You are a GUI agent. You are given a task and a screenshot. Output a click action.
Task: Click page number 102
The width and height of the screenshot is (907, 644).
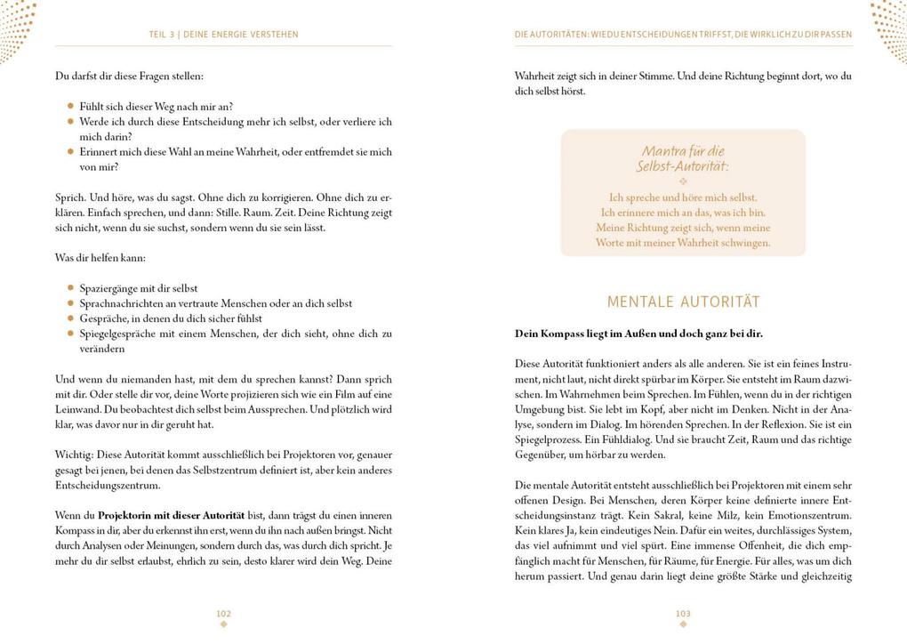[x=223, y=613]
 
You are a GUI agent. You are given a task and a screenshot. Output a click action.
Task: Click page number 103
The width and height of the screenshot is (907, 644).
[x=683, y=613]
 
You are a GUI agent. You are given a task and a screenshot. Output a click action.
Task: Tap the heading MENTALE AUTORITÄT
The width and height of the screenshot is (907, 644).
[x=683, y=302]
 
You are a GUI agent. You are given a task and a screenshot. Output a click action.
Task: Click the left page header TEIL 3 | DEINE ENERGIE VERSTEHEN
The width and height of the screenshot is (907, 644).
[x=223, y=35]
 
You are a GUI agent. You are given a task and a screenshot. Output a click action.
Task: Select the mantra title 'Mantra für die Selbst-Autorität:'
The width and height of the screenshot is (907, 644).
[x=683, y=158]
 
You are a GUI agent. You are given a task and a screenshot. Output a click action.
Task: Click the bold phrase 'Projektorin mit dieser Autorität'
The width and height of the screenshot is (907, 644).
[x=171, y=516]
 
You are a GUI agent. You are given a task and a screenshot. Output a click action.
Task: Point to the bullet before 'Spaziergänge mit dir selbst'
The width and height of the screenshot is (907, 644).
[x=71, y=288]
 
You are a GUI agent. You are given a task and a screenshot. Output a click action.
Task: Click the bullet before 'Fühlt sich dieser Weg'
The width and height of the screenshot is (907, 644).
[x=71, y=107]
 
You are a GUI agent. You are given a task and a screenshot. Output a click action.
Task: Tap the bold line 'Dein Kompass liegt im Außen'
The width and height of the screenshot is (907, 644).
[x=638, y=334]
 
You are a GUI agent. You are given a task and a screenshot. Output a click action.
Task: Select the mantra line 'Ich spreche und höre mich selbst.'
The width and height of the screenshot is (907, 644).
[x=683, y=197]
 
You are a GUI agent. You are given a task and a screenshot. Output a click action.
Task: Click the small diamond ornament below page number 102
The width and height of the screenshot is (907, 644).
[x=223, y=624]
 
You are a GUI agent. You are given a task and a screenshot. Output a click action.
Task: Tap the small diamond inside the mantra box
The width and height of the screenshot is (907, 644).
[x=683, y=181]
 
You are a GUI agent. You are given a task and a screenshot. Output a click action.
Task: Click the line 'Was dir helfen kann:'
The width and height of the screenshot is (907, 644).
[x=100, y=258]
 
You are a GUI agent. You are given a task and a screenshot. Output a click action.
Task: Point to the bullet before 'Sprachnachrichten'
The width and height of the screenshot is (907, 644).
[x=71, y=303]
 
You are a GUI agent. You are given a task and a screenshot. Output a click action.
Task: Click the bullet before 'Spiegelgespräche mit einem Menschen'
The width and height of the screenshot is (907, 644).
[x=71, y=334]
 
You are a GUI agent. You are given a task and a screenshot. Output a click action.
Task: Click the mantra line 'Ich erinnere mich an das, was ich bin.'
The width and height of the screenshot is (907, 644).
[x=683, y=213]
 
